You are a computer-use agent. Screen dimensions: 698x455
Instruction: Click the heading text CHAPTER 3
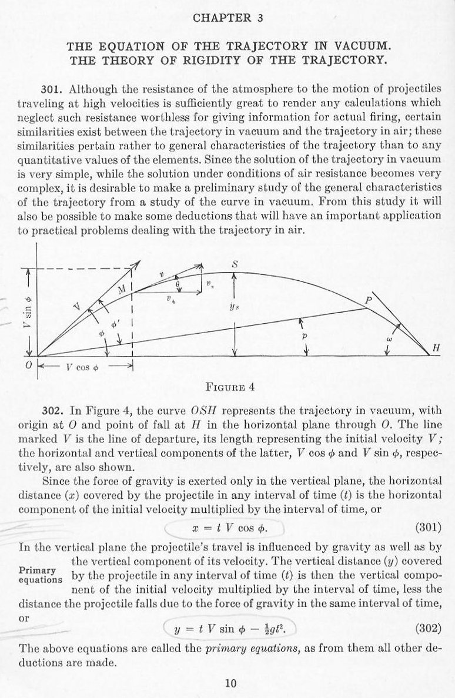pos(227,18)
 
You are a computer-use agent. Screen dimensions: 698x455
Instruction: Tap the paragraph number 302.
pos(52,411)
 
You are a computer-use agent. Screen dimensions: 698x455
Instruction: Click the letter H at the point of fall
pos(436,348)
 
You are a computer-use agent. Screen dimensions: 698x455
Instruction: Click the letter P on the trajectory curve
pos(369,301)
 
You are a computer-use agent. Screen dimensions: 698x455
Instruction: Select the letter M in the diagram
pos(122,289)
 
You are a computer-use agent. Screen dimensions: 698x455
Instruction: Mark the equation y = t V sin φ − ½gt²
pos(230,629)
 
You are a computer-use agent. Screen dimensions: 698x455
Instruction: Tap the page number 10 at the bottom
pos(230,683)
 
